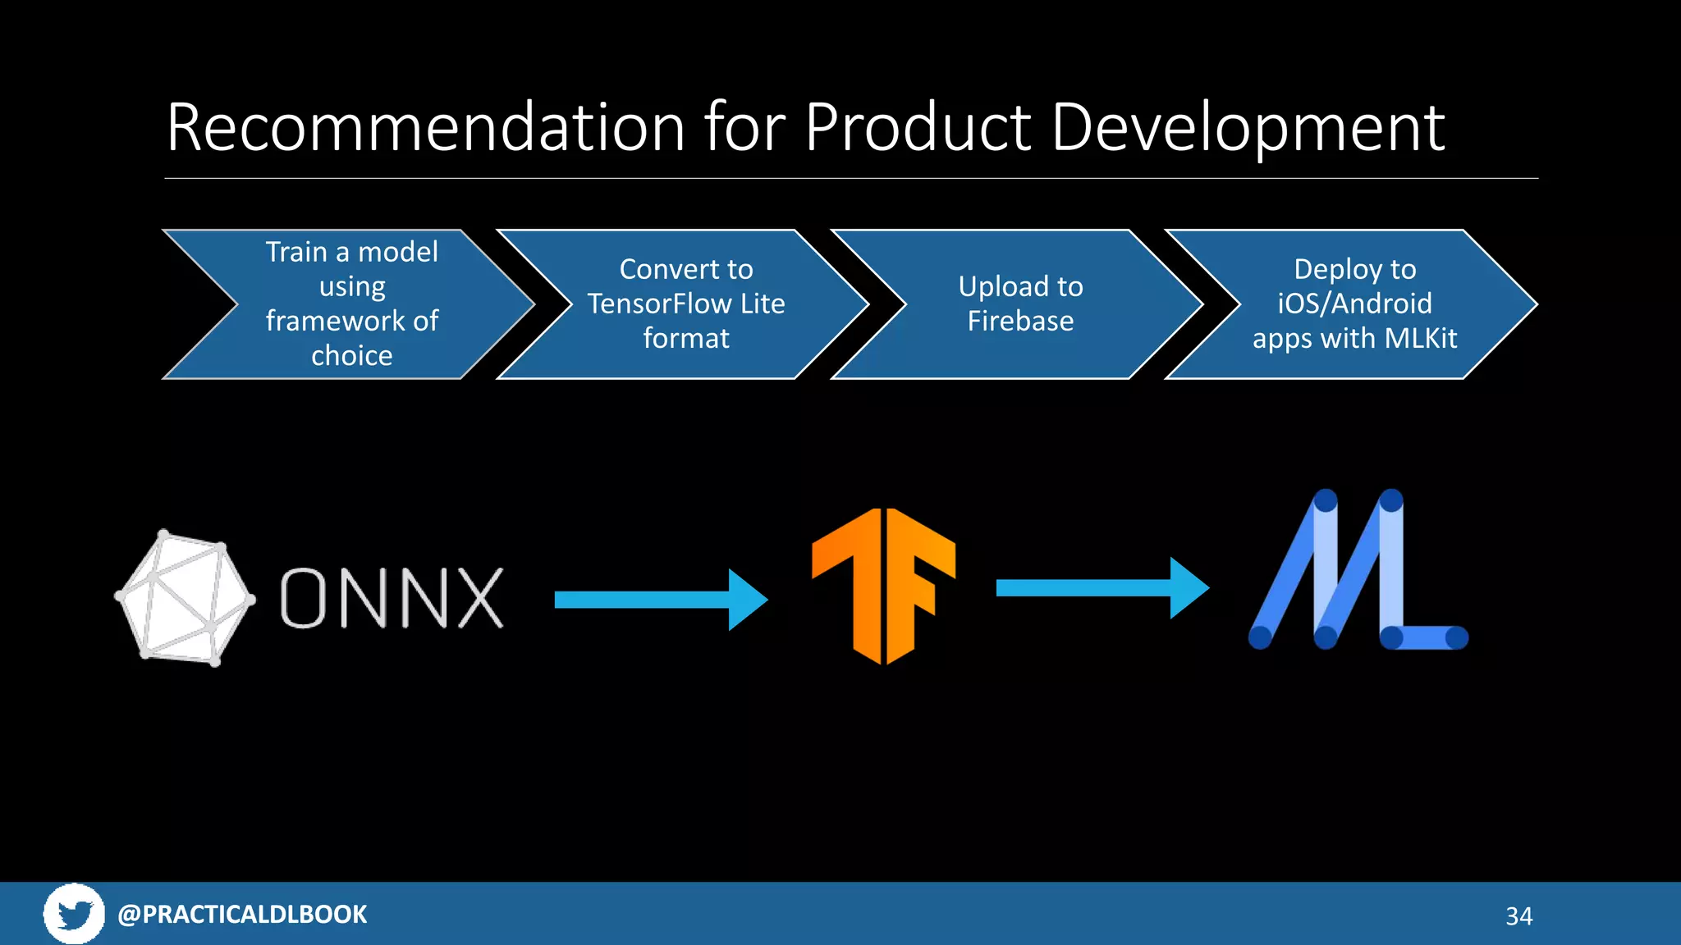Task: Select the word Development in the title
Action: tap(1248, 130)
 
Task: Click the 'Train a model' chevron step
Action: tap(351, 304)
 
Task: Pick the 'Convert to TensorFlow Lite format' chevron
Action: tap(686, 304)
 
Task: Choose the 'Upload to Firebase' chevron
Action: tap(1020, 304)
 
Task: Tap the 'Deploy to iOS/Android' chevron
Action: tap(1354, 304)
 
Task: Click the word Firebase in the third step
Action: tap(1020, 322)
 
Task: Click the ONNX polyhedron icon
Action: tap(185, 597)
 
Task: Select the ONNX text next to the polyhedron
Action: tap(392, 599)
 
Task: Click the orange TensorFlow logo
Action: tap(883, 586)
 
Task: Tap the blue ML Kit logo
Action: tap(1358, 571)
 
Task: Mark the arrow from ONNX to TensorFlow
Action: tap(660, 600)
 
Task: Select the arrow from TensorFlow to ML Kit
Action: tap(1102, 587)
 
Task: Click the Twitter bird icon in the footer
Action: tap(74, 914)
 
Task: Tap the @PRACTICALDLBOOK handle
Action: tap(242, 915)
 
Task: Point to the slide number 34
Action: tap(1518, 916)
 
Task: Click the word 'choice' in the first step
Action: tap(351, 356)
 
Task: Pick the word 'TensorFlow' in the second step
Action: tap(659, 304)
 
